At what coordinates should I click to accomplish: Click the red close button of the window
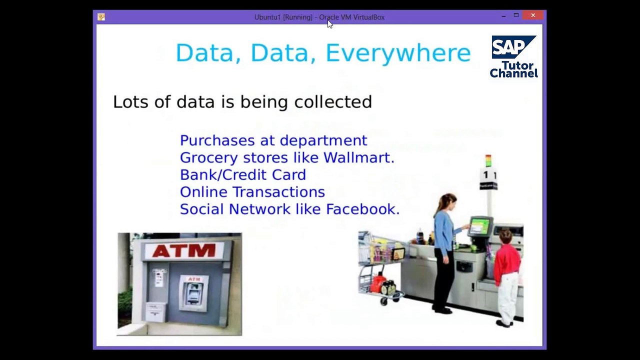click(x=533, y=15)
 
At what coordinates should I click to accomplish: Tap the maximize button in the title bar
click(x=516, y=15)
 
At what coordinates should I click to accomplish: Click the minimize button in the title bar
click(x=503, y=16)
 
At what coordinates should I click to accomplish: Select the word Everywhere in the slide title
click(x=398, y=53)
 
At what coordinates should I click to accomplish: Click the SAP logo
click(x=513, y=47)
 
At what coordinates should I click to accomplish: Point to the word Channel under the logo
click(x=513, y=73)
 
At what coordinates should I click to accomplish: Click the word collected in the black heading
click(x=333, y=101)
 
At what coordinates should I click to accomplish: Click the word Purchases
click(x=217, y=140)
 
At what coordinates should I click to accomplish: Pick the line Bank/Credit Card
click(x=243, y=174)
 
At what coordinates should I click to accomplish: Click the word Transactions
click(x=279, y=191)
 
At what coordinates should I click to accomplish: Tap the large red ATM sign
click(x=184, y=250)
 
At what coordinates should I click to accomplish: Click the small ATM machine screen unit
click(x=193, y=292)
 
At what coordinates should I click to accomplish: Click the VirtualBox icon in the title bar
click(x=101, y=17)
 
